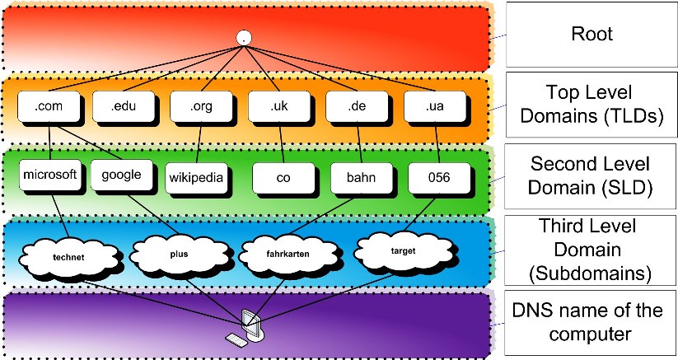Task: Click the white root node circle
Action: click(x=244, y=38)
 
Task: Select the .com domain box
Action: click(x=49, y=106)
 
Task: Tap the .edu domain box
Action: click(x=124, y=106)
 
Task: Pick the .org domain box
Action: click(x=202, y=106)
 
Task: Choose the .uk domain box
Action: click(x=279, y=106)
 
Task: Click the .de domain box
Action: click(x=358, y=106)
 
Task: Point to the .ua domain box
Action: click(x=435, y=106)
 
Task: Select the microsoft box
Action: click(x=50, y=175)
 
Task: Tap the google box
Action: click(x=122, y=175)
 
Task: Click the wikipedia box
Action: click(x=196, y=178)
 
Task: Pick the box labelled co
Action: click(x=283, y=178)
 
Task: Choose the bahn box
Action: click(x=362, y=178)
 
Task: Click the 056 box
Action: click(x=439, y=178)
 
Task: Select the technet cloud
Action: click(x=68, y=258)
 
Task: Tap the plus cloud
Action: click(x=179, y=255)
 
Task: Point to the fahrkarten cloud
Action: click(x=288, y=255)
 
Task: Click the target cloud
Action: click(x=403, y=251)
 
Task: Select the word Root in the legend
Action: click(x=592, y=34)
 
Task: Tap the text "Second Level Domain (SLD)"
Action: click(x=590, y=175)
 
